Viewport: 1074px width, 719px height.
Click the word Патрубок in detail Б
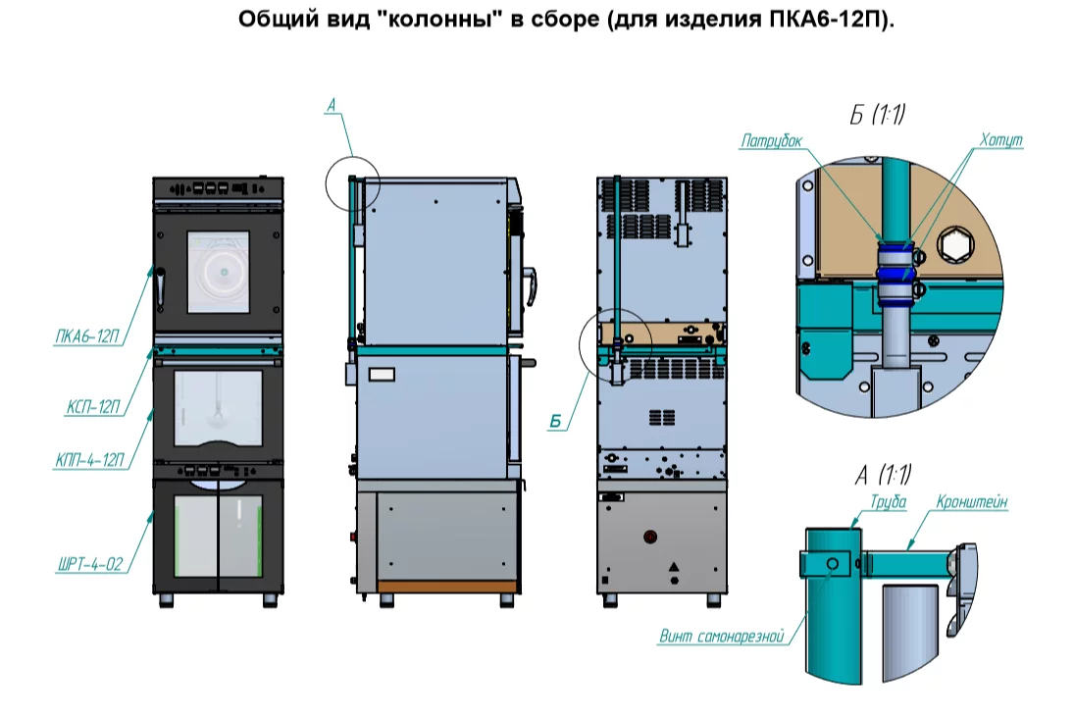click(771, 141)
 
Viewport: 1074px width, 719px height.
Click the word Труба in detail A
click(887, 501)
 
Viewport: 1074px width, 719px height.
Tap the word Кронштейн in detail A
click(973, 501)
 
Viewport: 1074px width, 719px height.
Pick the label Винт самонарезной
click(722, 638)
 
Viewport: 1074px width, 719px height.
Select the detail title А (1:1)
click(883, 477)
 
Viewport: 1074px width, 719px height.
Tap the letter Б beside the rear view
click(554, 422)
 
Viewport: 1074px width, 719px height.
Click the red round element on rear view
click(649, 537)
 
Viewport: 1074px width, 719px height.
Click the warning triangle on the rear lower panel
click(673, 567)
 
